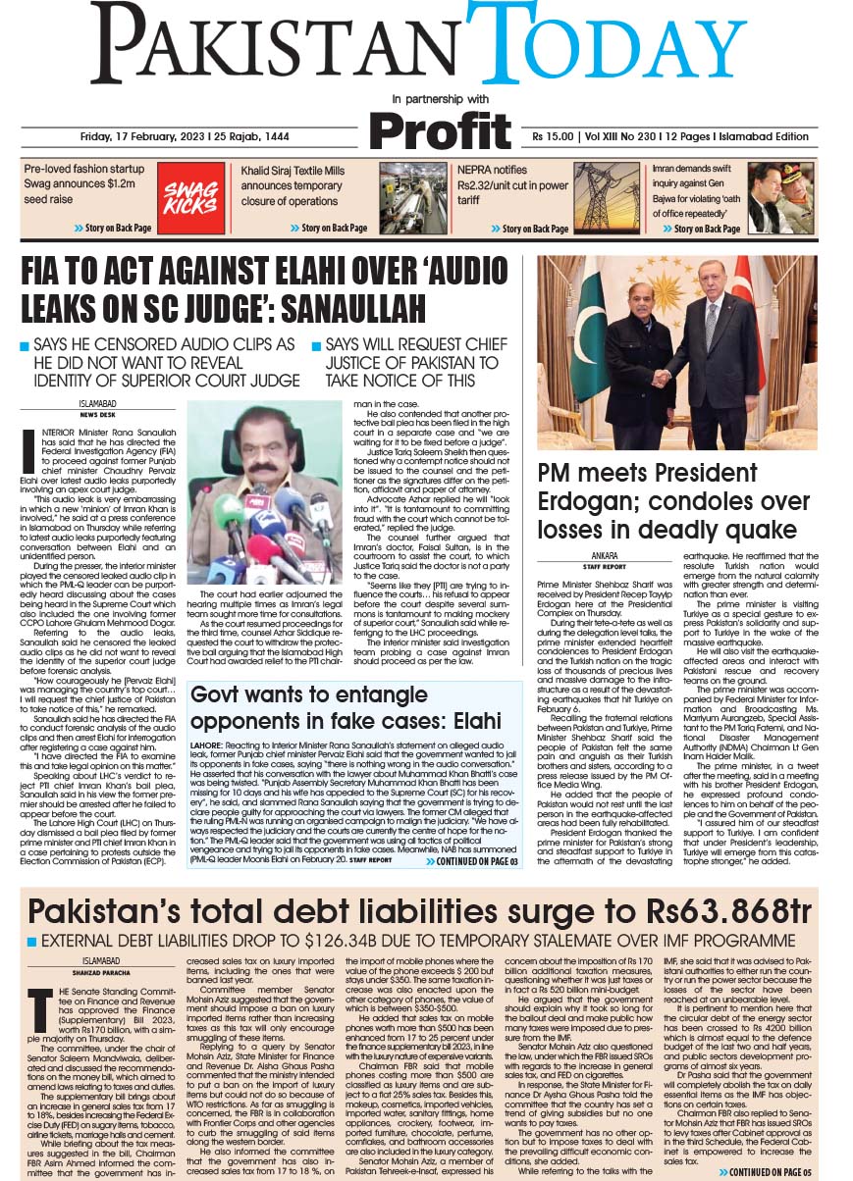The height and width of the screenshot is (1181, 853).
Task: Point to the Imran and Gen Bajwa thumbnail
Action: [x=781, y=197]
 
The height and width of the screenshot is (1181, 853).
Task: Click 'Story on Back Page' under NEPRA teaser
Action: [x=529, y=229]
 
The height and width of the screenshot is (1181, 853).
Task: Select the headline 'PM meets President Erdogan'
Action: [x=673, y=501]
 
